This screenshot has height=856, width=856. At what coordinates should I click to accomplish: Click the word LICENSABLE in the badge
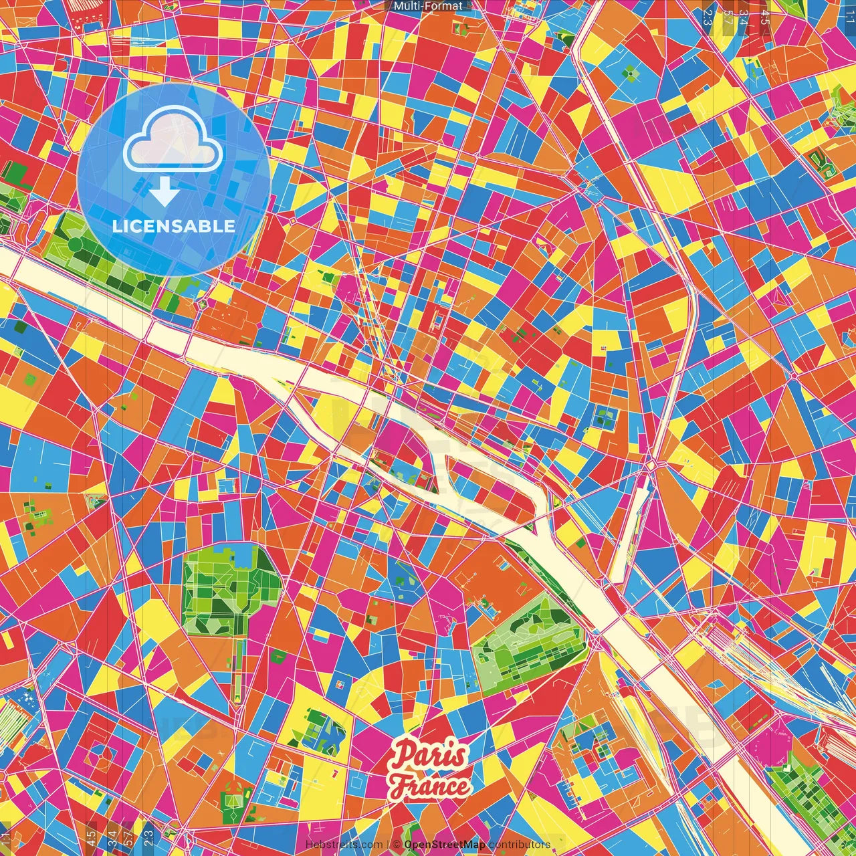coord(174,226)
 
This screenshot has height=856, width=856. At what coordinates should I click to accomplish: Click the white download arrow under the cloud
coord(165,193)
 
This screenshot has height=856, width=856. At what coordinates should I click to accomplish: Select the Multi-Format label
coord(428,6)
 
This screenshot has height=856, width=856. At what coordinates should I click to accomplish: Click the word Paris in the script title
coord(428,756)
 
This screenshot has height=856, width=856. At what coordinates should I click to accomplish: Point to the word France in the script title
coord(430,785)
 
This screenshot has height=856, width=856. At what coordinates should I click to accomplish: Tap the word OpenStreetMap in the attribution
coord(445,845)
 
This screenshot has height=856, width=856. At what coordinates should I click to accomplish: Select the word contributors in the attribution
coord(520,845)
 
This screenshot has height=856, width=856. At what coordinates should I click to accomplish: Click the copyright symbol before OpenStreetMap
coord(397,845)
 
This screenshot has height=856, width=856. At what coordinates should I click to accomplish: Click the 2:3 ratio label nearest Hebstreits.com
coord(148,836)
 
